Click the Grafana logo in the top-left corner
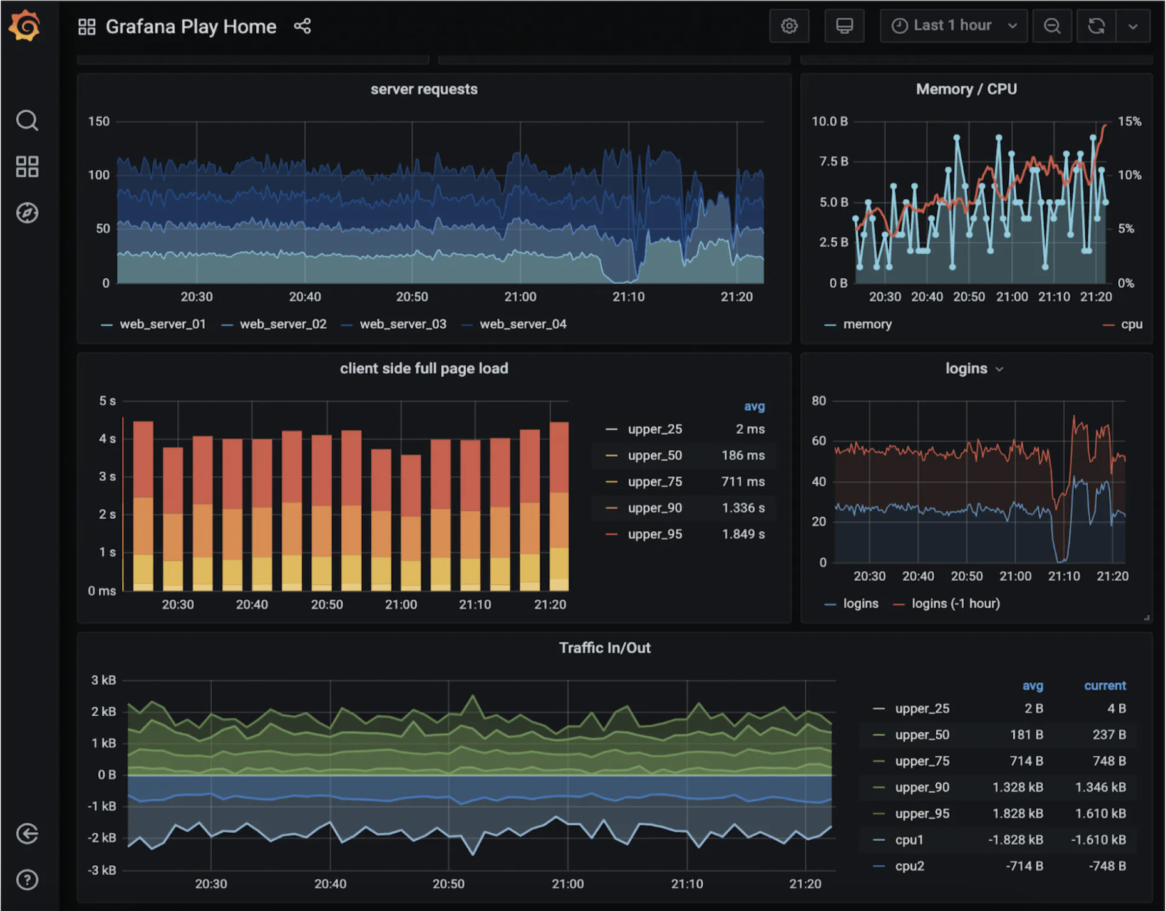pos(25,26)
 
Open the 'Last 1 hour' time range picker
pos(952,26)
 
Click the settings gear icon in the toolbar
pos(789,26)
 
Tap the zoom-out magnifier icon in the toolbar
pos(1052,26)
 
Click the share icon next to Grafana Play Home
pos(302,26)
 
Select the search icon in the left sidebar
pos(27,120)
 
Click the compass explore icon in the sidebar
pos(27,213)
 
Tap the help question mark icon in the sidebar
pos(27,880)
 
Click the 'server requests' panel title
pos(424,89)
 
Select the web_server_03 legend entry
pos(403,324)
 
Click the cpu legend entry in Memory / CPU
pos(1130,324)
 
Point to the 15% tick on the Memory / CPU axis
pos(1129,122)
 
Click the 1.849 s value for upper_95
pos(743,534)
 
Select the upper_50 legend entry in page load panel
pos(654,455)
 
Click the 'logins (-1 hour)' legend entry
pos(955,603)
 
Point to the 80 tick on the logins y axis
pos(818,400)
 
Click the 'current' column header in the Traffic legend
pos(1105,685)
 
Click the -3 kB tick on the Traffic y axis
pos(101,870)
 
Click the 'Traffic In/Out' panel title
pos(604,648)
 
